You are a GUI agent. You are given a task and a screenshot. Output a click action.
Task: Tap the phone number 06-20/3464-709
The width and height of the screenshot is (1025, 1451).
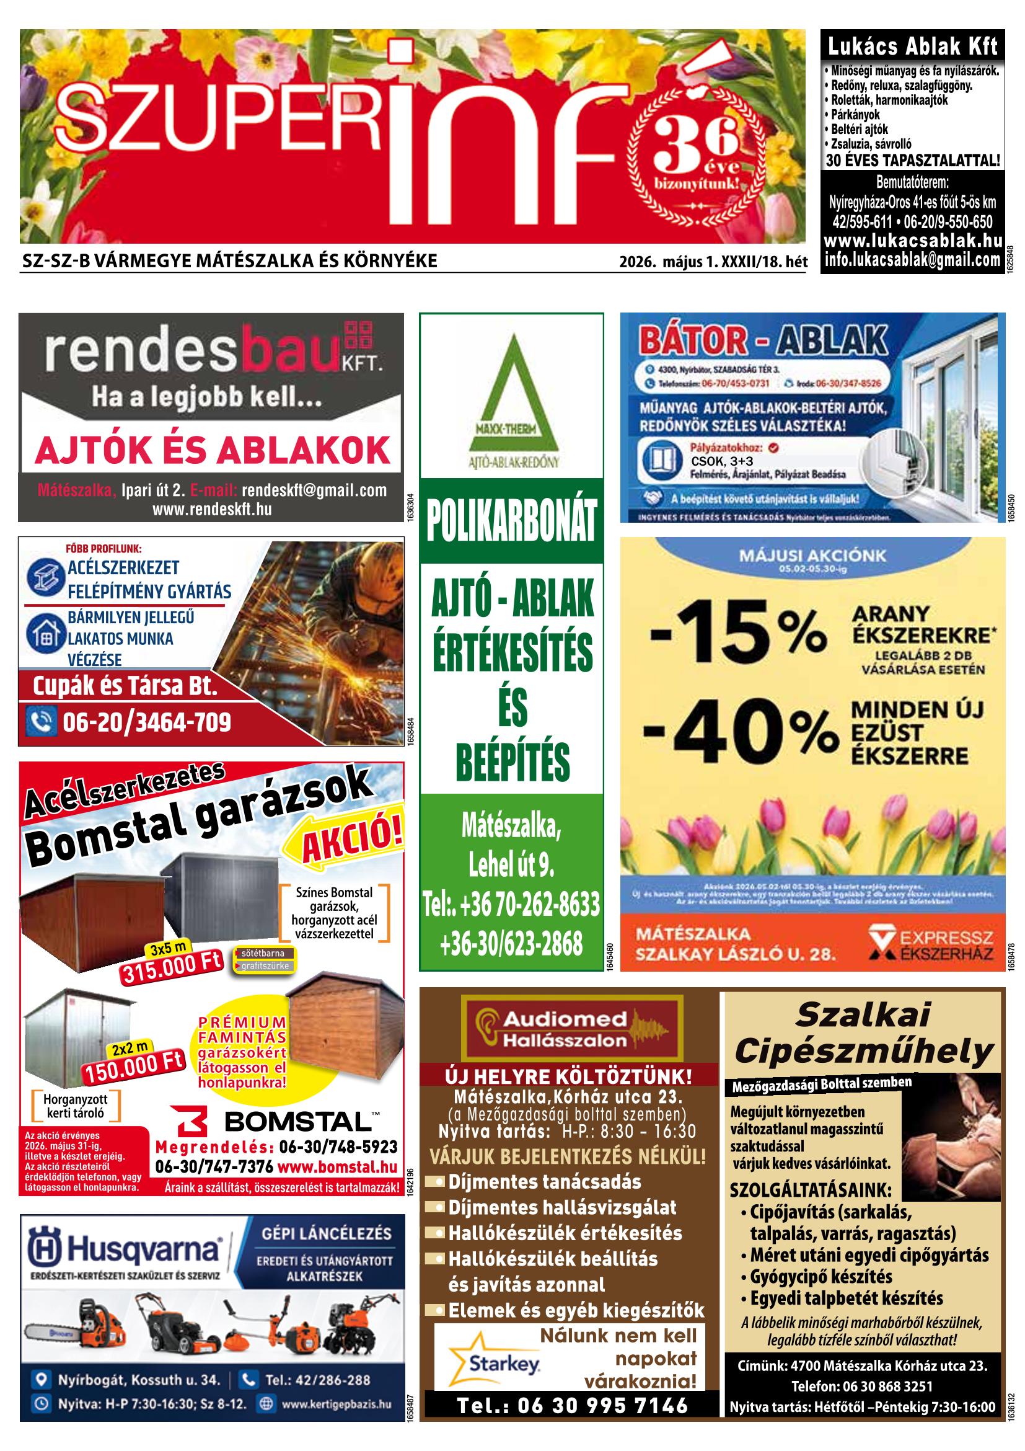(x=146, y=722)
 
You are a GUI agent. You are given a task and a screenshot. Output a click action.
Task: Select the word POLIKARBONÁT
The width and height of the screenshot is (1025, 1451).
(x=511, y=521)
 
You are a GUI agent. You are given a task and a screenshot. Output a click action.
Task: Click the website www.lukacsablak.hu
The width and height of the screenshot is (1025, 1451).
(x=913, y=241)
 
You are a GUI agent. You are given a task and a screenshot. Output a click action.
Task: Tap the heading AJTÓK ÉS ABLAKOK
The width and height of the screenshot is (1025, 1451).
(x=213, y=450)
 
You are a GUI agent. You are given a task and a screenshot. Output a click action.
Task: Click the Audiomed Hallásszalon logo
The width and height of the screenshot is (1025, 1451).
(x=571, y=1028)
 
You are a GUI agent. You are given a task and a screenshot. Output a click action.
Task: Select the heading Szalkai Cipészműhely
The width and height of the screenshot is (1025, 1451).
(x=863, y=1033)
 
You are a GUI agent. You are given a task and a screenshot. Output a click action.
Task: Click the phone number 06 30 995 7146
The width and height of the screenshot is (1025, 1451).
(x=571, y=1405)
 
